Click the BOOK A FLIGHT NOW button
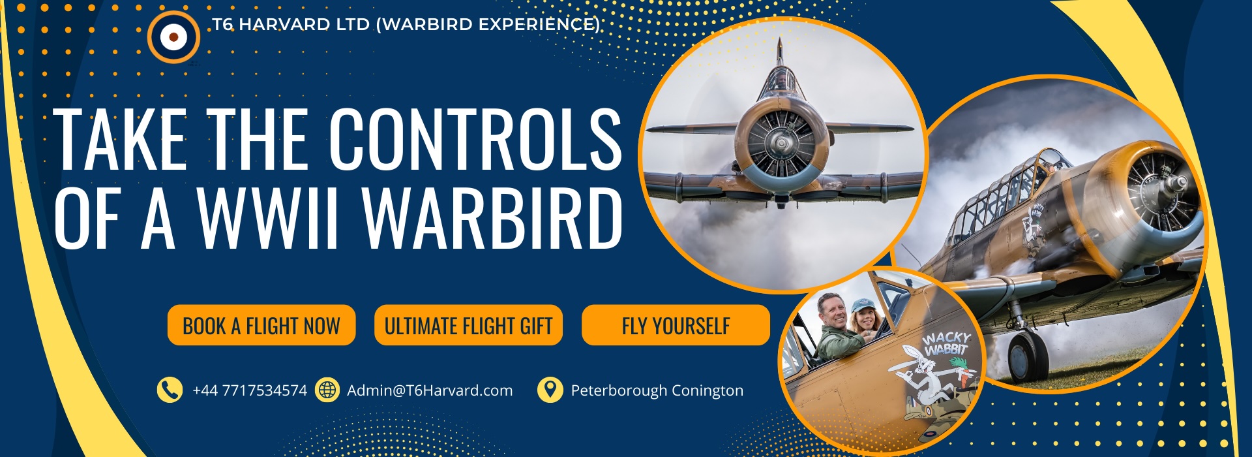coord(261,325)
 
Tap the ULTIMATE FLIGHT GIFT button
coord(468,325)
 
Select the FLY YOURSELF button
coord(676,325)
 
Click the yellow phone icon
coord(170,390)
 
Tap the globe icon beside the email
coord(327,390)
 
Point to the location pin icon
coord(550,390)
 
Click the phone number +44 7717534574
coord(250,390)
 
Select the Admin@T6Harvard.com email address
coord(430,390)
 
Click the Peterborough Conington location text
coord(657,390)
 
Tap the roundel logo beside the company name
coord(173,37)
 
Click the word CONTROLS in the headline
coord(475,139)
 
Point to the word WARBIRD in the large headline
coord(492,218)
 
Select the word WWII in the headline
coord(269,218)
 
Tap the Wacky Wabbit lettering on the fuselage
coord(947,343)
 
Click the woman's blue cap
coord(863,305)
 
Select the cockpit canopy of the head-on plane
coord(781,80)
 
